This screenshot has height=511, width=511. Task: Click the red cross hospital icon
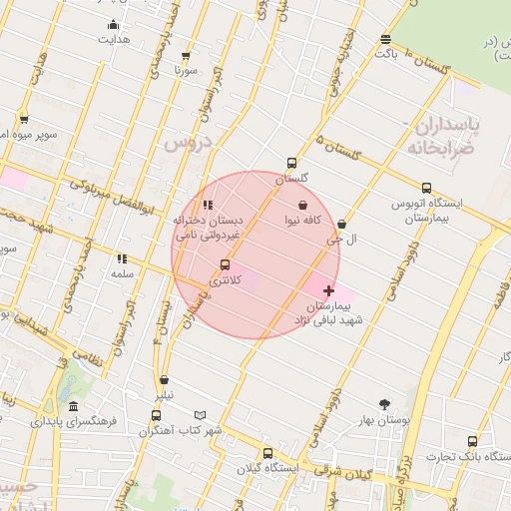(x=328, y=289)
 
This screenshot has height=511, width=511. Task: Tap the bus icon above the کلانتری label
(x=224, y=265)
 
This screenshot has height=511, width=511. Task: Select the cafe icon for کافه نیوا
(x=301, y=204)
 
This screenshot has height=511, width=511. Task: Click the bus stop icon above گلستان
(x=291, y=162)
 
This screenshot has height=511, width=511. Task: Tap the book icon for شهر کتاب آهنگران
(x=200, y=415)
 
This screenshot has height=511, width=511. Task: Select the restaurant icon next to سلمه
(x=122, y=258)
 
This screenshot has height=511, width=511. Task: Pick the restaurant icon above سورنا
(x=184, y=56)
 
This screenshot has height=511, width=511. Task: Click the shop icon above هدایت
(x=112, y=25)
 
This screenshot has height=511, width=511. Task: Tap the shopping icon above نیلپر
(x=163, y=380)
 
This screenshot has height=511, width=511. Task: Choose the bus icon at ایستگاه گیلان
(x=266, y=453)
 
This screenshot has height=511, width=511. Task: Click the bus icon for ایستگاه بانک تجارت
(x=472, y=441)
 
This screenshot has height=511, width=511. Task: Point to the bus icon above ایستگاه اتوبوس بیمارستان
(x=427, y=188)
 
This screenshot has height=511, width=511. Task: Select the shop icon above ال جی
(x=343, y=225)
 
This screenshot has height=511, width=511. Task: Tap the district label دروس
(x=188, y=145)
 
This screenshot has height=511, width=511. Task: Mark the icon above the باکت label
(x=385, y=39)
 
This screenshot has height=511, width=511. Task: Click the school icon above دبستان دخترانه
(x=208, y=206)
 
